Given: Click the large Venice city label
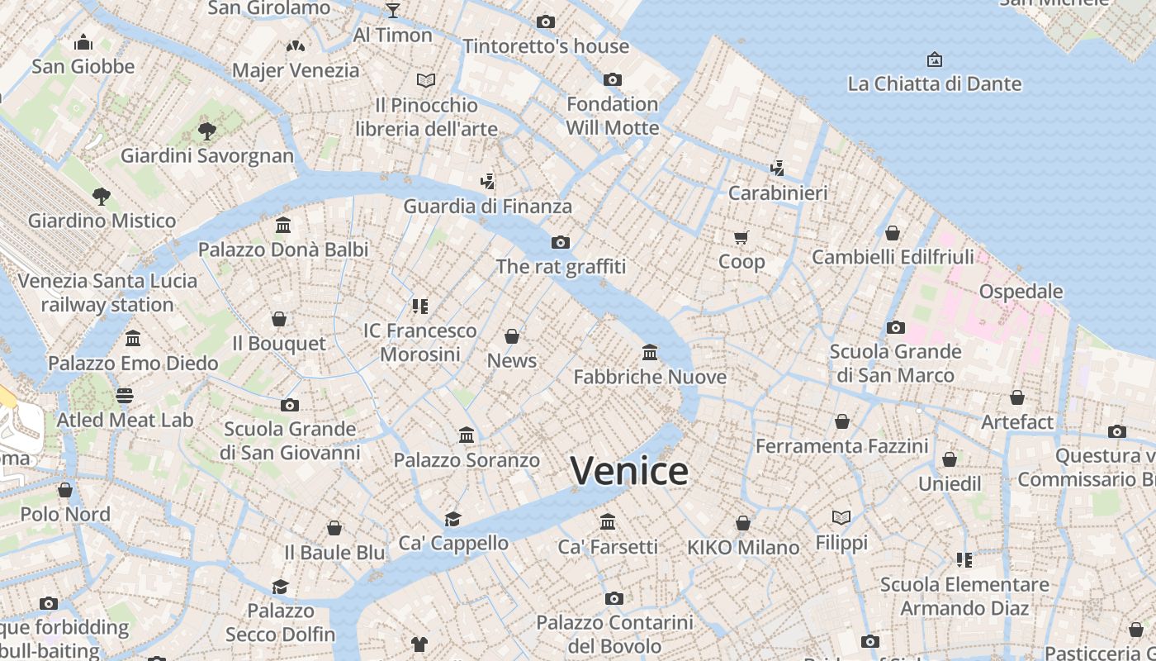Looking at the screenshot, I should (x=629, y=471).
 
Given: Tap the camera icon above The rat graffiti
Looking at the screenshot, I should (x=561, y=242).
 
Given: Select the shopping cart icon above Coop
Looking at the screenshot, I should (x=741, y=237).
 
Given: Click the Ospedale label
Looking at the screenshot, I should (x=1021, y=292).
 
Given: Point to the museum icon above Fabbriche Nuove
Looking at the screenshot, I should (x=650, y=353).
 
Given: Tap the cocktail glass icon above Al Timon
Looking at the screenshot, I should (x=393, y=10).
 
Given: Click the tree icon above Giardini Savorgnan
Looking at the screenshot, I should (x=207, y=131).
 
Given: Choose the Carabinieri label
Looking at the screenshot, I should (x=777, y=193).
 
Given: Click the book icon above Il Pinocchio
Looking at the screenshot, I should (x=426, y=80).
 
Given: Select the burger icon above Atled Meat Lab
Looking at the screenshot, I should (x=125, y=396).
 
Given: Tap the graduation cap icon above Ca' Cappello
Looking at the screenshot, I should (x=452, y=519).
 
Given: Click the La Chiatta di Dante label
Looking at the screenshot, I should (x=934, y=83).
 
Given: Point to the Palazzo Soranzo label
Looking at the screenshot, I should (x=467, y=460).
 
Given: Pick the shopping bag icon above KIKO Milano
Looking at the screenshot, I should (x=743, y=523).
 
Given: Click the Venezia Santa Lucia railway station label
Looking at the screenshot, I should (x=107, y=292).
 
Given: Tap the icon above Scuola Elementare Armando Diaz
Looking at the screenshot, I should (x=964, y=560).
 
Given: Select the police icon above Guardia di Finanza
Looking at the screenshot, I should (x=487, y=182).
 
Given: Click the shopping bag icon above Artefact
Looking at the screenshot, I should (x=1017, y=397).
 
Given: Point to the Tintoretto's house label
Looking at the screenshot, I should (x=546, y=46).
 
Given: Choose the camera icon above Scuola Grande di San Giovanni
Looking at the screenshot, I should (x=289, y=405).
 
